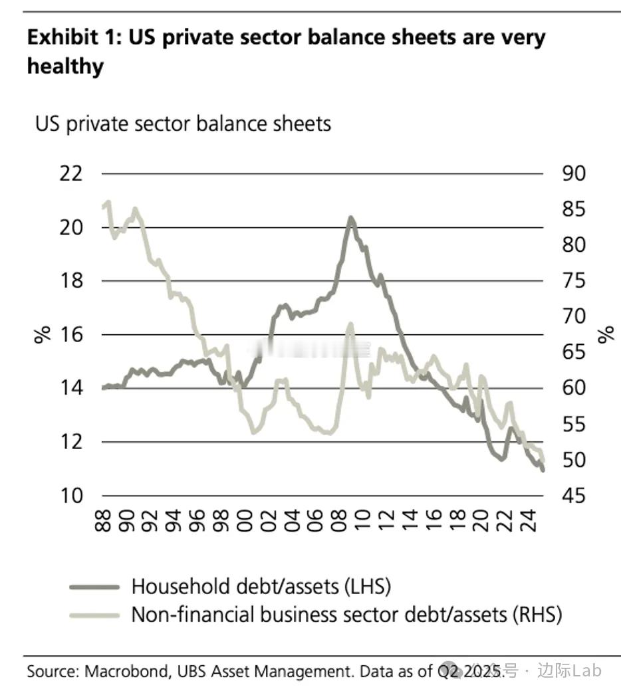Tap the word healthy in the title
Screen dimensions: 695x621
pos(65,66)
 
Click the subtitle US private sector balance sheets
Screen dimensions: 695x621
pos(183,124)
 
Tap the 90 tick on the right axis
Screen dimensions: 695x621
pos(573,174)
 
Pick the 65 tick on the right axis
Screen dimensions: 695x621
pos(573,352)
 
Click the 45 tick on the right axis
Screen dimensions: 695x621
pos(573,496)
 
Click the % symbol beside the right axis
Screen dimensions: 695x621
pos(606,334)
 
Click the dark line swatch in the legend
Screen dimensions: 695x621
pos(94,587)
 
